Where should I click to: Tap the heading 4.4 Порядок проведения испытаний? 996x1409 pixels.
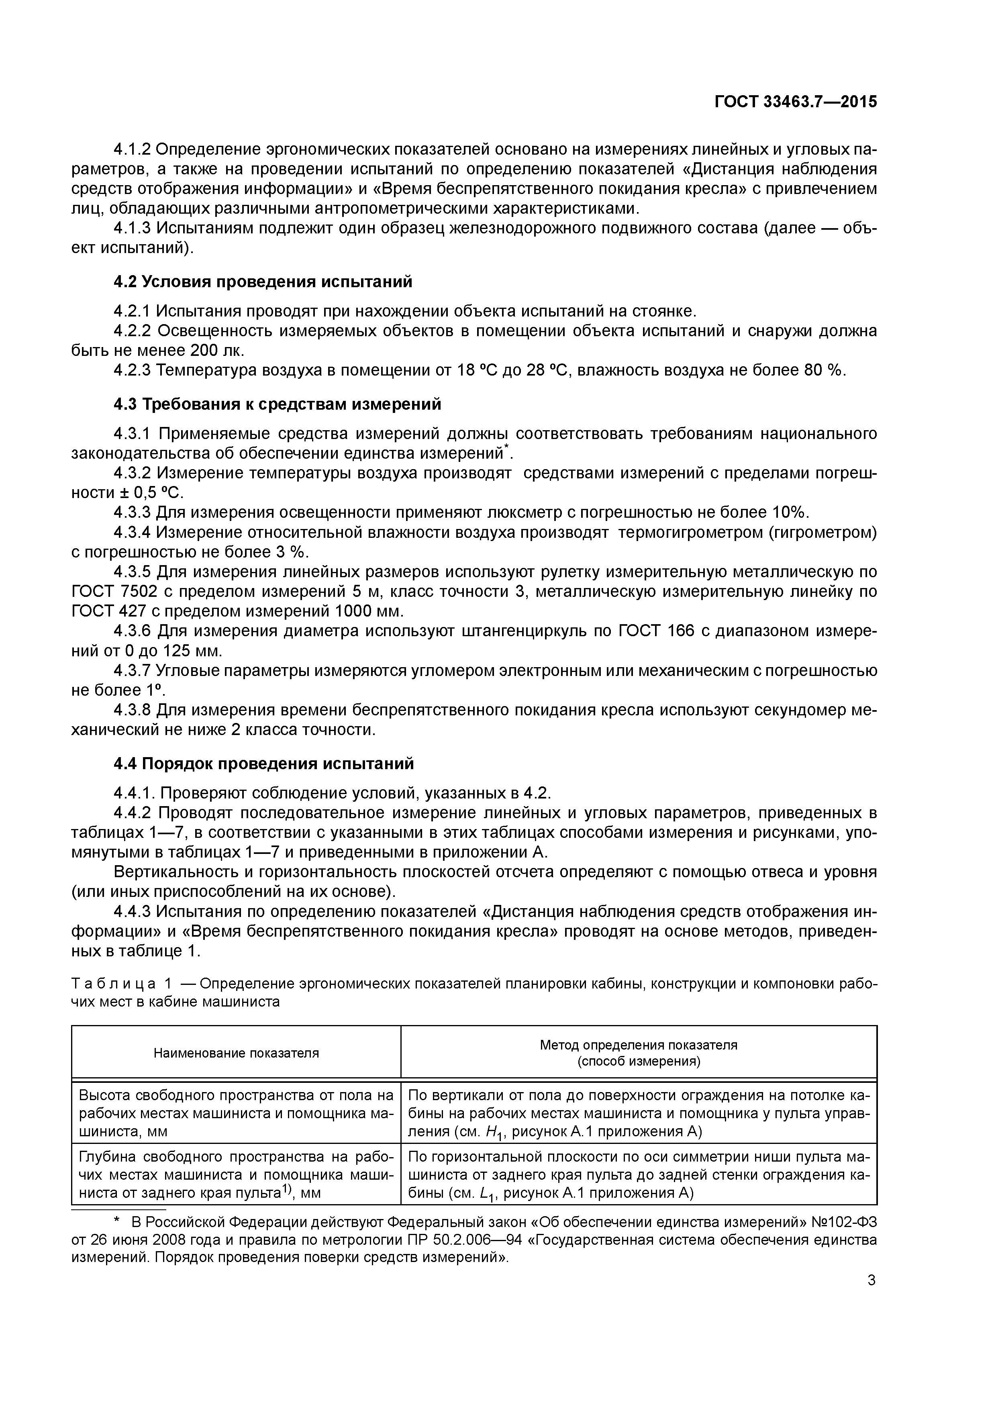pos(264,764)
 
